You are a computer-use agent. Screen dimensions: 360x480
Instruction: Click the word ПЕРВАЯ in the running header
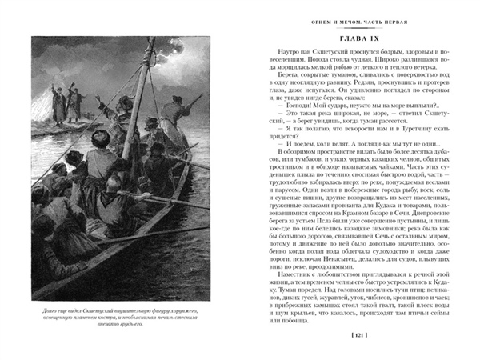(x=404, y=18)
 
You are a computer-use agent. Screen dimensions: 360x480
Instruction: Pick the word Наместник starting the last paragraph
(x=283, y=264)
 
